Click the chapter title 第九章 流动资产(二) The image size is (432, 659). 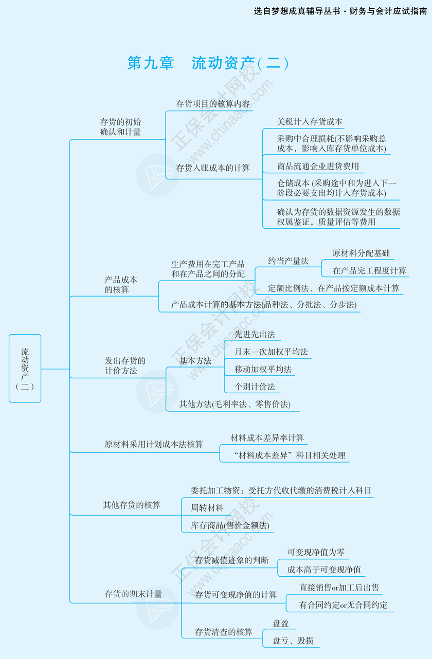208,63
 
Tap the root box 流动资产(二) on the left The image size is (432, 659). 25,368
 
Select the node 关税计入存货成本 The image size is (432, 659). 310,122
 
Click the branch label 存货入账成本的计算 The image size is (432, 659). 213,168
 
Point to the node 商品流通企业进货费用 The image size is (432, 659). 318,167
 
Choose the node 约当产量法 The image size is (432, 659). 288,261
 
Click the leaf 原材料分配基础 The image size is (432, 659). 361,253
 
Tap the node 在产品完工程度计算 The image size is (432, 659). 369,270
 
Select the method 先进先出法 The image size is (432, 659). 255,334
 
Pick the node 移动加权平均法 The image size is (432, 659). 263,369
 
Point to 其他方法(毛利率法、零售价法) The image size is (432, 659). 235,405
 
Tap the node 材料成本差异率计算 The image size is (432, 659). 267,438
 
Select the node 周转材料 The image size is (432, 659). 207,508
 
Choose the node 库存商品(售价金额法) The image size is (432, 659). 230,525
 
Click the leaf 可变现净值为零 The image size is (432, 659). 316,552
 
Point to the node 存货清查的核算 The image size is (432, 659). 224,632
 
